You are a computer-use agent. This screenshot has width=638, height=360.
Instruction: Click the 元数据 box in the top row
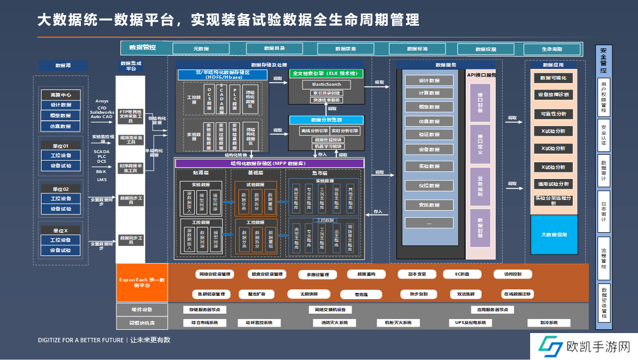(201, 49)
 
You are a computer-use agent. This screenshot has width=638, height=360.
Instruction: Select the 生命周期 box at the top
(552, 49)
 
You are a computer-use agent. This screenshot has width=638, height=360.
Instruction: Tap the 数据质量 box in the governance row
(346, 49)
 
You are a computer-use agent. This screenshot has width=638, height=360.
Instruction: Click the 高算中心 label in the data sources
(60, 94)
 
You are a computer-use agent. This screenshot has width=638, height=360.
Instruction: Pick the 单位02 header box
(60, 189)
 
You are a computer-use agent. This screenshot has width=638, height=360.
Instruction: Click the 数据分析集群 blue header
(326, 120)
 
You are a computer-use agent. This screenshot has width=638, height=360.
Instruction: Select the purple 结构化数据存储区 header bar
(270, 163)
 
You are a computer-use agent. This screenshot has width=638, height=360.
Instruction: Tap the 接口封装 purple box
(480, 103)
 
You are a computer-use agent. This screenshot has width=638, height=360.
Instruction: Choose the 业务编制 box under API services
(480, 186)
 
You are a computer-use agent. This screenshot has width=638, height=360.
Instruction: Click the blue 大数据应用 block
(553, 234)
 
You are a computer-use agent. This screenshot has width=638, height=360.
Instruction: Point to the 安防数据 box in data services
(429, 205)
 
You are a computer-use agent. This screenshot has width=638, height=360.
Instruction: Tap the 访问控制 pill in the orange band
(512, 274)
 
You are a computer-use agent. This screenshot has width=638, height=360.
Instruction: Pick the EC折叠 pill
(463, 274)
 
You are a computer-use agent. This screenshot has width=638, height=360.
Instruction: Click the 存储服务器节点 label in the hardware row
(204, 310)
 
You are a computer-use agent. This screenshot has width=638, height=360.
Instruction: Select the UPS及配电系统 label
(467, 323)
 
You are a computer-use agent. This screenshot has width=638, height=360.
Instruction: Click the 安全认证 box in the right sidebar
(603, 135)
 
